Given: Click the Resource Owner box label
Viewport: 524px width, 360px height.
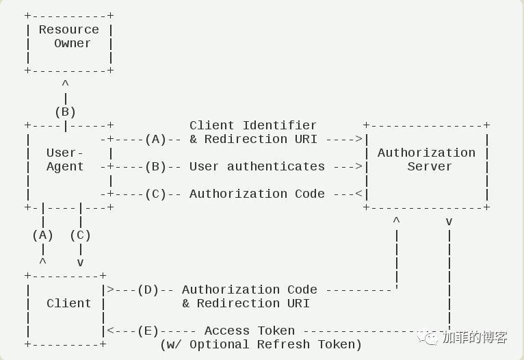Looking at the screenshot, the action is (69, 36).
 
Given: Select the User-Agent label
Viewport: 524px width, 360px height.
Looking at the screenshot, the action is (65, 159).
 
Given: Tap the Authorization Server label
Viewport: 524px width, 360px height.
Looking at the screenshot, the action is (426, 159).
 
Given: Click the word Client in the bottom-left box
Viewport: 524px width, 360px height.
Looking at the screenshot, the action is (68, 303).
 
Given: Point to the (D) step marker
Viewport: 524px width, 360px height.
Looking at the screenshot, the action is (148, 290).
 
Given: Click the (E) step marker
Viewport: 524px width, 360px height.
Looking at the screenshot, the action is (148, 331).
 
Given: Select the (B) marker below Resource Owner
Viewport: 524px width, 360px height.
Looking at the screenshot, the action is (66, 112).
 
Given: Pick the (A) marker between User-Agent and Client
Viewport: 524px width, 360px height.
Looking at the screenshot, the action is (43, 235).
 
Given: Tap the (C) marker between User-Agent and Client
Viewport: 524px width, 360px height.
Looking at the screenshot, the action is (81, 235).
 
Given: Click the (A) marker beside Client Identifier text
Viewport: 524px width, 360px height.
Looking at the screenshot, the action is (156, 139).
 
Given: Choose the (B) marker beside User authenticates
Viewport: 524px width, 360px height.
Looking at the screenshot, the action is (156, 166).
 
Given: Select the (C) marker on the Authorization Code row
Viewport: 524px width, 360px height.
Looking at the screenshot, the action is (156, 194).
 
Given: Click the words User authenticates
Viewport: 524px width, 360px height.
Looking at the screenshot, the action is (257, 166).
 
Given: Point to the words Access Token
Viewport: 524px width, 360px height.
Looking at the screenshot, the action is (250, 331).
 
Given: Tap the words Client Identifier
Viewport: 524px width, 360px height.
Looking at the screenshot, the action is (253, 125).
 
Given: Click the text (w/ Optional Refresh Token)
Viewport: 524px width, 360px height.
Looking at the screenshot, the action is (261, 345).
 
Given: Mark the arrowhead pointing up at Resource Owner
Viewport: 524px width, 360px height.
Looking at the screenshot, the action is (66, 83).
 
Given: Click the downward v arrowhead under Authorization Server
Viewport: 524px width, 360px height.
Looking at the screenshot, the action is (449, 222).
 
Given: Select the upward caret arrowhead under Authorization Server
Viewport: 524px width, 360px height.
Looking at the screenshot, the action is (396, 220).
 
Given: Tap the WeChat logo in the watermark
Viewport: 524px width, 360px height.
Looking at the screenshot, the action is (428, 337).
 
